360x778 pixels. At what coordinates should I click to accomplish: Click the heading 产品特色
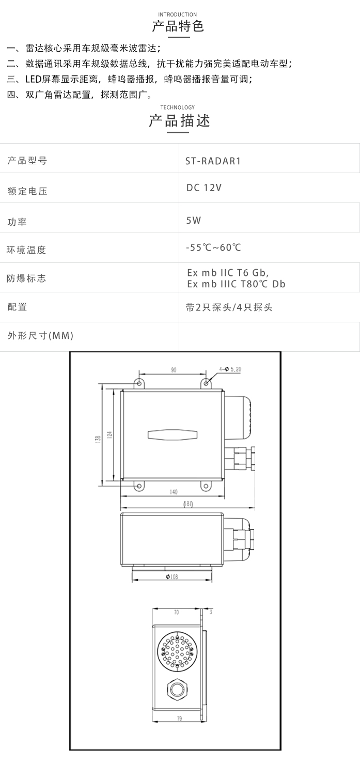(x=178, y=26)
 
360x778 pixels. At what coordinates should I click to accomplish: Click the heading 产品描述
(x=179, y=120)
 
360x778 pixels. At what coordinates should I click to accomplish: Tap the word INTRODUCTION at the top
(x=177, y=14)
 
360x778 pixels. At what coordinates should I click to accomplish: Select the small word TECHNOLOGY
(x=177, y=107)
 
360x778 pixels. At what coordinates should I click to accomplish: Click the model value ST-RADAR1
(x=213, y=161)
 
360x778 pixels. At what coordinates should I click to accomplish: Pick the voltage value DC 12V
(x=204, y=188)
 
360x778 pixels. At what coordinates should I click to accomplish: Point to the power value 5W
(x=194, y=221)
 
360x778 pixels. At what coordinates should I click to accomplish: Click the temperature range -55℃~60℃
(x=213, y=247)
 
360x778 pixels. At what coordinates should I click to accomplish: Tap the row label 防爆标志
(x=26, y=278)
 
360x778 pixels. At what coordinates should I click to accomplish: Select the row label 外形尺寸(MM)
(x=41, y=335)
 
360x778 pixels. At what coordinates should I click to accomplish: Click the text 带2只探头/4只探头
(x=229, y=307)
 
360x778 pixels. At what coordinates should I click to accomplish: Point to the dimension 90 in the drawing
(x=174, y=370)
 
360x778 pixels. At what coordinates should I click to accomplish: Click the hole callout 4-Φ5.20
(x=230, y=369)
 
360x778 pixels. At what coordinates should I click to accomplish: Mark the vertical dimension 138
(x=98, y=439)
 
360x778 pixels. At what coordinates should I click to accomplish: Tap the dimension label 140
(x=174, y=492)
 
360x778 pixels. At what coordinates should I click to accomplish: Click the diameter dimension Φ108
(x=172, y=577)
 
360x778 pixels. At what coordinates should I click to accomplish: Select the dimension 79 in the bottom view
(x=179, y=719)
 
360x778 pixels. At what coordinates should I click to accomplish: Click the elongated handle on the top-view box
(x=173, y=435)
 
